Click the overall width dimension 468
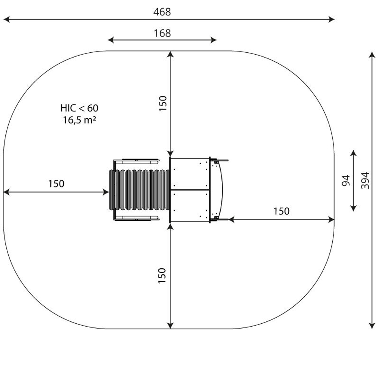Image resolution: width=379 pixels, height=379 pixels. (162, 12)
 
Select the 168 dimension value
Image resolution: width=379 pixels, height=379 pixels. (162, 33)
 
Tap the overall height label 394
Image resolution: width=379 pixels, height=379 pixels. (365, 180)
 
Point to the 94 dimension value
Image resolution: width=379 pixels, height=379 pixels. (346, 180)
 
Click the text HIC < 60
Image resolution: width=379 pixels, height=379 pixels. (79, 108)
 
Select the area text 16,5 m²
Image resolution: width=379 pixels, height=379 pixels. (79, 120)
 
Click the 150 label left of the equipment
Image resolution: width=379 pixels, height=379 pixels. (56, 184)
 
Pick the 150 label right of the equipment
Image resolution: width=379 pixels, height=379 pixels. (281, 211)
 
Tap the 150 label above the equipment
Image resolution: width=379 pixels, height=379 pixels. (163, 103)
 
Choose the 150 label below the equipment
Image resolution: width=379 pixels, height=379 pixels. (162, 276)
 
